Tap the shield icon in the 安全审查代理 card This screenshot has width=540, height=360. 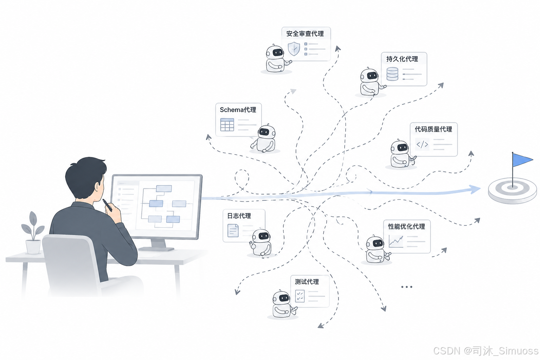click(294, 49)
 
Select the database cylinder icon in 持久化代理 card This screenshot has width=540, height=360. click(392, 74)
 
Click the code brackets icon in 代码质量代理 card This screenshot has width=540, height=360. click(422, 144)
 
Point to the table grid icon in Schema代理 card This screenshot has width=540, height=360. click(227, 124)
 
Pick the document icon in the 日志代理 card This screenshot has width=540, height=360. click(233, 230)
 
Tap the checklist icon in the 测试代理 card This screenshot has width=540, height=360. click(300, 296)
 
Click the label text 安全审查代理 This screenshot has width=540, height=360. click(305, 33)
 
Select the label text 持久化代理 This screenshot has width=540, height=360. click(402, 59)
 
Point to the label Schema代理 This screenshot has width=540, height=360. click(238, 110)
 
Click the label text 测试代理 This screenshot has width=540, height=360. click(307, 282)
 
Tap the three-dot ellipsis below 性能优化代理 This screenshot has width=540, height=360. click(407, 287)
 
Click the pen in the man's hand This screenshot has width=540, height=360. click(107, 205)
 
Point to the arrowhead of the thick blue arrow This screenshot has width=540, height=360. click(475, 189)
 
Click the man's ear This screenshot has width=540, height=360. click(98, 188)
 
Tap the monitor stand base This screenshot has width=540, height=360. click(156, 249)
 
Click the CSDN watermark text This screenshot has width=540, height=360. click(486, 351)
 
